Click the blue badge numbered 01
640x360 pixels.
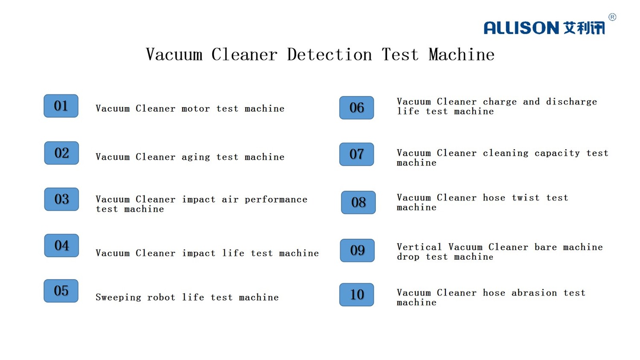[x=61, y=106]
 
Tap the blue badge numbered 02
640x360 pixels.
[x=61, y=153]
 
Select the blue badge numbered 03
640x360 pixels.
[x=61, y=199]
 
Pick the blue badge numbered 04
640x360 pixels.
[x=61, y=245]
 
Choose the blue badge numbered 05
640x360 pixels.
[x=61, y=291]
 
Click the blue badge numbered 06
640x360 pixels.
[x=357, y=108]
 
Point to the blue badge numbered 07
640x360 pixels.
[x=357, y=154]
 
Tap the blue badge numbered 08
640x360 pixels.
[x=358, y=202]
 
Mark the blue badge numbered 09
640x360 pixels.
[x=357, y=250]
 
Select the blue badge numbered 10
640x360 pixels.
[x=357, y=295]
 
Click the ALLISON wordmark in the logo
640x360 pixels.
[x=521, y=28]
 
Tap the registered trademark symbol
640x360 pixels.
[x=612, y=17]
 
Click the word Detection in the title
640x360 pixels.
[x=330, y=54]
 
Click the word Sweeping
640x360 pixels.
[x=118, y=298]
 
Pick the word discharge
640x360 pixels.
[x=571, y=102]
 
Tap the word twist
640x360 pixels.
[x=526, y=198]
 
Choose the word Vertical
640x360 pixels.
[x=419, y=247]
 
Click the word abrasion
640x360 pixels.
[x=534, y=293]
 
